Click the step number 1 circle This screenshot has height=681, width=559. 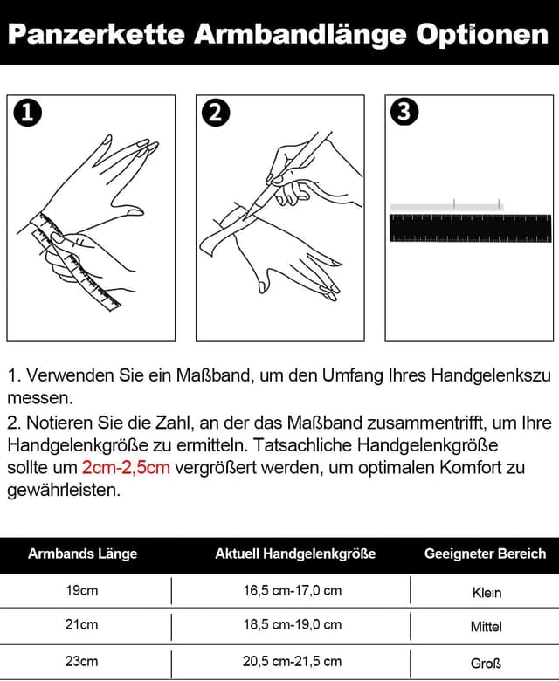[x=28, y=113]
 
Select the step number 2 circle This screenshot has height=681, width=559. [x=215, y=113]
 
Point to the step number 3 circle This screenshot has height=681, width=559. [x=403, y=113]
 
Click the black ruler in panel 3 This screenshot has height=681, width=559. [x=470, y=228]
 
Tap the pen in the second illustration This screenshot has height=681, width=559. [x=293, y=170]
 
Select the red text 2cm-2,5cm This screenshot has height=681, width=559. [x=126, y=467]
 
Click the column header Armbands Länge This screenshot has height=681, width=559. [x=82, y=554]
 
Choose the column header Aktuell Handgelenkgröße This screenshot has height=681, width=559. [x=295, y=554]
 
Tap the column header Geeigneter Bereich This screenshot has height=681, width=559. [x=485, y=554]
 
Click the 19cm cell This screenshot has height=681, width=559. [x=82, y=590]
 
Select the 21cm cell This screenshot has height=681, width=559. [x=82, y=624]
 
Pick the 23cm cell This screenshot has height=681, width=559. [x=82, y=661]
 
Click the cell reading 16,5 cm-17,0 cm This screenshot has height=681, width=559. [x=292, y=590]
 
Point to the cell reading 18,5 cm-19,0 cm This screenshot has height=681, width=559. [x=292, y=624]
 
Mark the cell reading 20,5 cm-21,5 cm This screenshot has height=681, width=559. [x=292, y=661]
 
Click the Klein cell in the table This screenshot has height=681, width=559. [x=487, y=592]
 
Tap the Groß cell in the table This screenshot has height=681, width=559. [x=487, y=663]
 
